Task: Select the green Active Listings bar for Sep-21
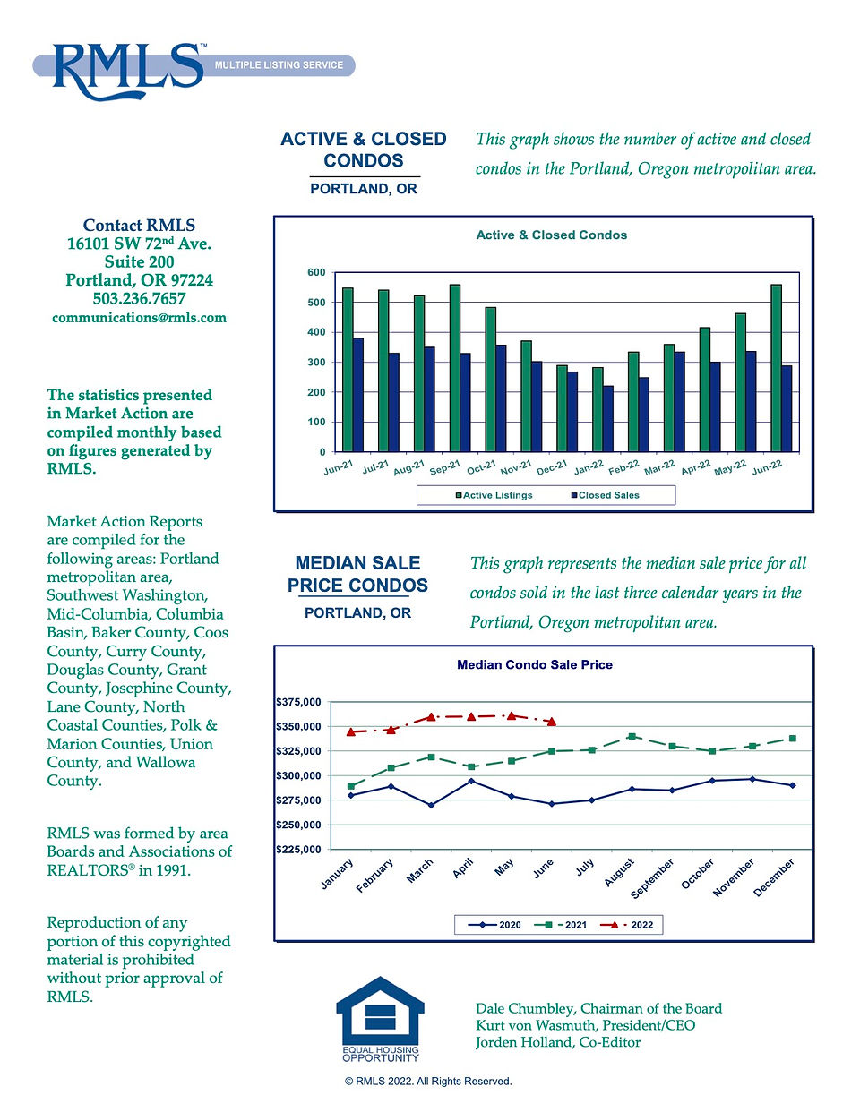coord(454,368)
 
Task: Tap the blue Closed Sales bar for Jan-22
coord(607,419)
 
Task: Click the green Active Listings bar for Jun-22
coord(776,368)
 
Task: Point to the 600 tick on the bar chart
coord(316,272)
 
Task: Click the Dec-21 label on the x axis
coord(553,466)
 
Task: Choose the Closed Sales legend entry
coord(606,495)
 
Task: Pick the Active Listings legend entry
coord(494,495)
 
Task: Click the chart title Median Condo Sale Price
coord(535,664)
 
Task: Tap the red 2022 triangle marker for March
coord(431,717)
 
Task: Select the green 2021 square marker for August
coord(632,736)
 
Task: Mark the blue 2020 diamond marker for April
coord(471,781)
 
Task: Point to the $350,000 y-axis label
coord(298,726)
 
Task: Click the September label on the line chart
coord(651,878)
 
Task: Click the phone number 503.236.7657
coord(139,298)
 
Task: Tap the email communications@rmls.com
coord(139,317)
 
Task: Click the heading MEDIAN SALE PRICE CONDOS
coord(357,574)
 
